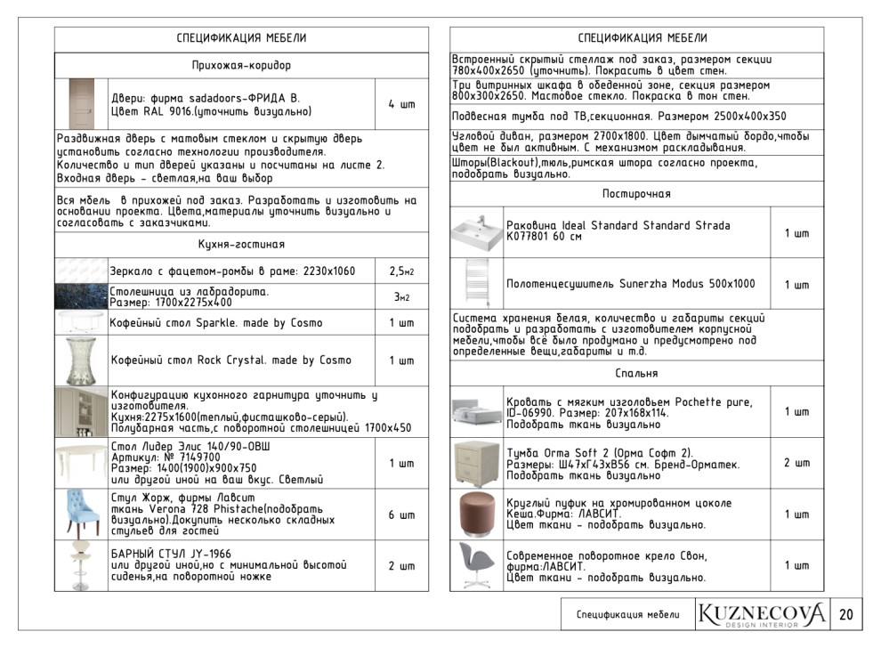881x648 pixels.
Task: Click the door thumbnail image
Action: [x=81, y=104]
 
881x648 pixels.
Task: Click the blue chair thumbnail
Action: [x=80, y=514]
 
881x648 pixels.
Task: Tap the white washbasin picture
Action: [x=477, y=232]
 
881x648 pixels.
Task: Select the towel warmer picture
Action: [x=477, y=284]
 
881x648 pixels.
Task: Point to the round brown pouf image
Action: [x=477, y=514]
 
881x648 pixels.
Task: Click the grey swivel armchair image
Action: [x=477, y=565]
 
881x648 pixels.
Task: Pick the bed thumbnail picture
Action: [x=477, y=411]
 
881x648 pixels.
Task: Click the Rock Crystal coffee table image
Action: [x=80, y=360]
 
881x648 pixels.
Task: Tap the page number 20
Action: [x=845, y=614]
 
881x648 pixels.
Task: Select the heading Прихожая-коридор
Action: [x=241, y=65]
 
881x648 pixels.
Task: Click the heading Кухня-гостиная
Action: [x=241, y=244]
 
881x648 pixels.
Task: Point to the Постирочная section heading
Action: [x=635, y=194]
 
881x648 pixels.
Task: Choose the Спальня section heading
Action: [x=635, y=374]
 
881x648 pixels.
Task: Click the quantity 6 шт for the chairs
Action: [x=401, y=514]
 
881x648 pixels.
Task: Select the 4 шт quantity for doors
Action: [x=401, y=104]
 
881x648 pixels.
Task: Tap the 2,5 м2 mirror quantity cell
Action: [x=401, y=271]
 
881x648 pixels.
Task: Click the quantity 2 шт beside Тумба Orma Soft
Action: [x=796, y=463]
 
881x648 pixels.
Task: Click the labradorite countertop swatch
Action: [x=80, y=296]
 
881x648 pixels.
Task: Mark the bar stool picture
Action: [x=80, y=566]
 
